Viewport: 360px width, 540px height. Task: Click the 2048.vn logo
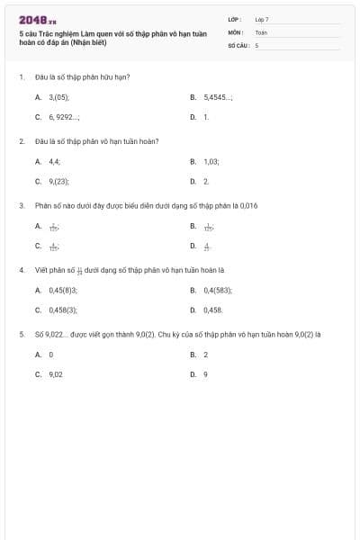[x=38, y=19]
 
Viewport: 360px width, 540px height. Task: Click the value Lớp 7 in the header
[x=262, y=19]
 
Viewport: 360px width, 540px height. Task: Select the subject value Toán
[x=261, y=31]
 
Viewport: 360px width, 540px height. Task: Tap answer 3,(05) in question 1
[x=59, y=95]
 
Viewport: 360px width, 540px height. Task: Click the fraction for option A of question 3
[x=54, y=226]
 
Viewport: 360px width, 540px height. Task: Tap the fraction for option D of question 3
[x=207, y=246]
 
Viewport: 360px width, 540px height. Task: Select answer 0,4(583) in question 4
[x=218, y=290]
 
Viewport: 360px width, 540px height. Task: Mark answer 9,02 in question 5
[x=56, y=373]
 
